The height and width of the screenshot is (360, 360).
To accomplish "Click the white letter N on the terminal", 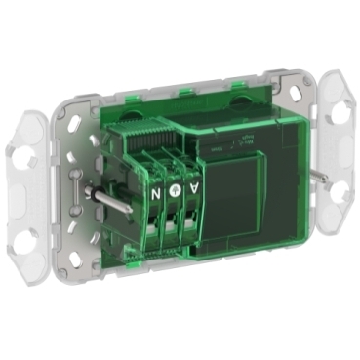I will tap(154, 191).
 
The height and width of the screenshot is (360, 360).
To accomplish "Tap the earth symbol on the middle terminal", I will tap(175, 191).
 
